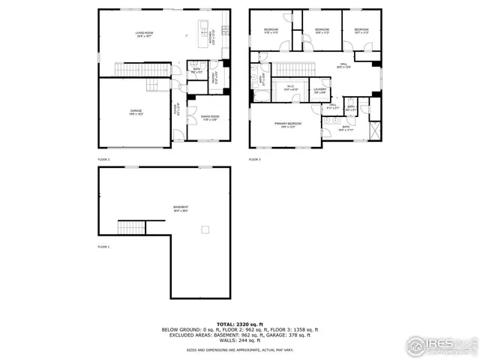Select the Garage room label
[x=136, y=112]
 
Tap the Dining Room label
[x=210, y=117]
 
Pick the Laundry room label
[x=319, y=90]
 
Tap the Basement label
[x=181, y=209]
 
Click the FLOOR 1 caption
[x=103, y=247]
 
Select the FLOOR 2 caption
[x=103, y=160]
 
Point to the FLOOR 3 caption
[x=255, y=160]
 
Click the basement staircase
[x=130, y=226]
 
